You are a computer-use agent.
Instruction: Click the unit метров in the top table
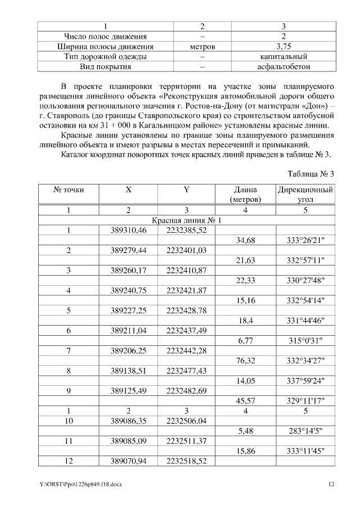tap(202, 47)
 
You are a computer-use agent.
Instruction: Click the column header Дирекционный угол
tap(305, 195)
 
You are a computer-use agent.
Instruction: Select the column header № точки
tap(69, 190)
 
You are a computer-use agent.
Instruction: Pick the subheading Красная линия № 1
tap(186, 220)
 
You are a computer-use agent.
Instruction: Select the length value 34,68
tap(246, 240)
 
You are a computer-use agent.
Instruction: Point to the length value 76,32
tap(246, 361)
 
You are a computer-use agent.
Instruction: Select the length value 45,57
tap(246, 400)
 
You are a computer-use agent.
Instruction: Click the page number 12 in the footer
tap(331, 484)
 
